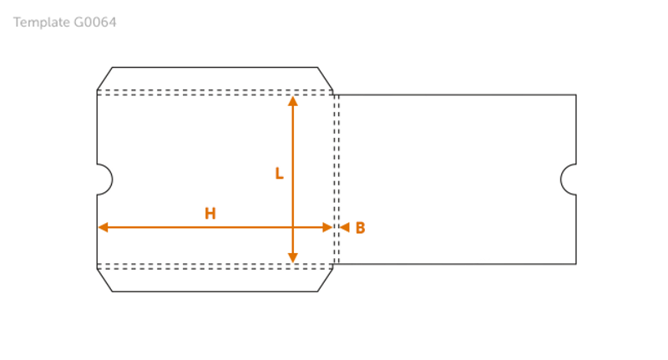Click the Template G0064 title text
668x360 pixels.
pyautogui.click(x=66, y=23)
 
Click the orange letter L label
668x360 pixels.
pyautogui.click(x=280, y=174)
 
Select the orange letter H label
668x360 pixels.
pyautogui.click(x=210, y=214)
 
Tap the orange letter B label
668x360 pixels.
pyautogui.click(x=360, y=227)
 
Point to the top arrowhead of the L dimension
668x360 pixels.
pyautogui.click(x=292, y=102)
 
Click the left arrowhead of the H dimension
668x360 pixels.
pyautogui.click(x=104, y=227)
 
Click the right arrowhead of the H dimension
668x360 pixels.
pyautogui.click(x=327, y=227)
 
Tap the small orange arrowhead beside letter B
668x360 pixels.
pyautogui.click(x=344, y=227)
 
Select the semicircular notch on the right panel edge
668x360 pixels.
pyautogui.click(x=568, y=179)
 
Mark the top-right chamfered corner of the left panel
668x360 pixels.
pyautogui.click(x=326, y=79)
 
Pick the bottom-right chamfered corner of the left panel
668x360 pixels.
pyautogui.click(x=326, y=278)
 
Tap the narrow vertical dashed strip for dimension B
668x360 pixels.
pyautogui.click(x=337, y=179)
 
